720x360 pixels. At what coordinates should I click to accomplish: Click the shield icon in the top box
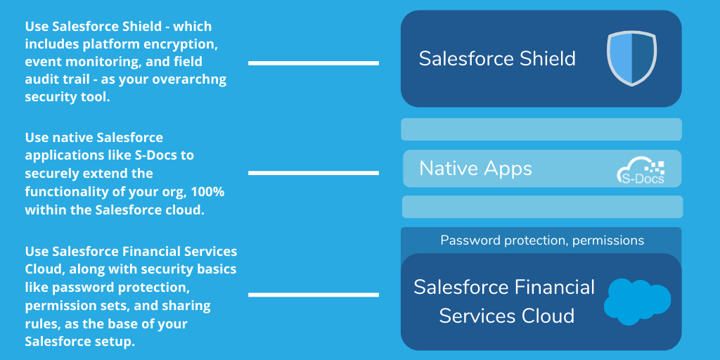coord(631,58)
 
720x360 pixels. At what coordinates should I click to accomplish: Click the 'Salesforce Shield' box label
coord(497,58)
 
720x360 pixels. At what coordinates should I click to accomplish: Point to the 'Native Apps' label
coord(475,169)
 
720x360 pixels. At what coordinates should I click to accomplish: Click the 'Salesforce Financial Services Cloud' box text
coord(504,301)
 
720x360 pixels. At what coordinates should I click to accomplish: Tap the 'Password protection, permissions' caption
coord(541,240)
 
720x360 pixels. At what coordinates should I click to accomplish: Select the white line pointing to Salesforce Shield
coord(313,63)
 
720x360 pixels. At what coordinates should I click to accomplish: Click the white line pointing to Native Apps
coord(313,172)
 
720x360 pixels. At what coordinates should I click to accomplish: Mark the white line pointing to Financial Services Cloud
coord(313,295)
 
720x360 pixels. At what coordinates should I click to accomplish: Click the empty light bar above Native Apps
coord(541,129)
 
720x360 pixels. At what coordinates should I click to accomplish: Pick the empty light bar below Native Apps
coord(541,207)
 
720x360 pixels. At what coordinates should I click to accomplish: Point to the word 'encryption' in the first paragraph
coord(183,44)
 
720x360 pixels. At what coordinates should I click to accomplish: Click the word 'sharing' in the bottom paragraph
coord(190,306)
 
